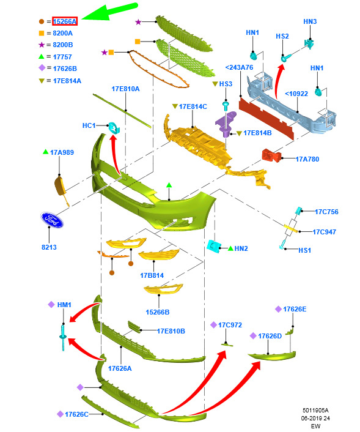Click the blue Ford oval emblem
click(x=52, y=220)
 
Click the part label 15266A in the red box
click(x=65, y=21)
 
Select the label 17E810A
click(x=125, y=89)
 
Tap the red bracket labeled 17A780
click(x=271, y=155)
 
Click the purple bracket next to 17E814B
click(x=226, y=124)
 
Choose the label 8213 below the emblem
click(x=49, y=247)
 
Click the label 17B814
click(x=152, y=275)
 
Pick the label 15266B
click(x=158, y=312)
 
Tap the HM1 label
click(x=64, y=305)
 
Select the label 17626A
click(x=120, y=368)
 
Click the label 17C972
click(x=230, y=325)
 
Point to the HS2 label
click(x=282, y=36)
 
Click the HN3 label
click(x=310, y=21)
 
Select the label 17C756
click(x=326, y=212)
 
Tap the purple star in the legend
click(x=42, y=45)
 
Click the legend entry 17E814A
click(x=67, y=81)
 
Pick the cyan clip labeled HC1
click(x=114, y=127)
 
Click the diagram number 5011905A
click(x=315, y=410)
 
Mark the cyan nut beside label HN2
click(x=213, y=245)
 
